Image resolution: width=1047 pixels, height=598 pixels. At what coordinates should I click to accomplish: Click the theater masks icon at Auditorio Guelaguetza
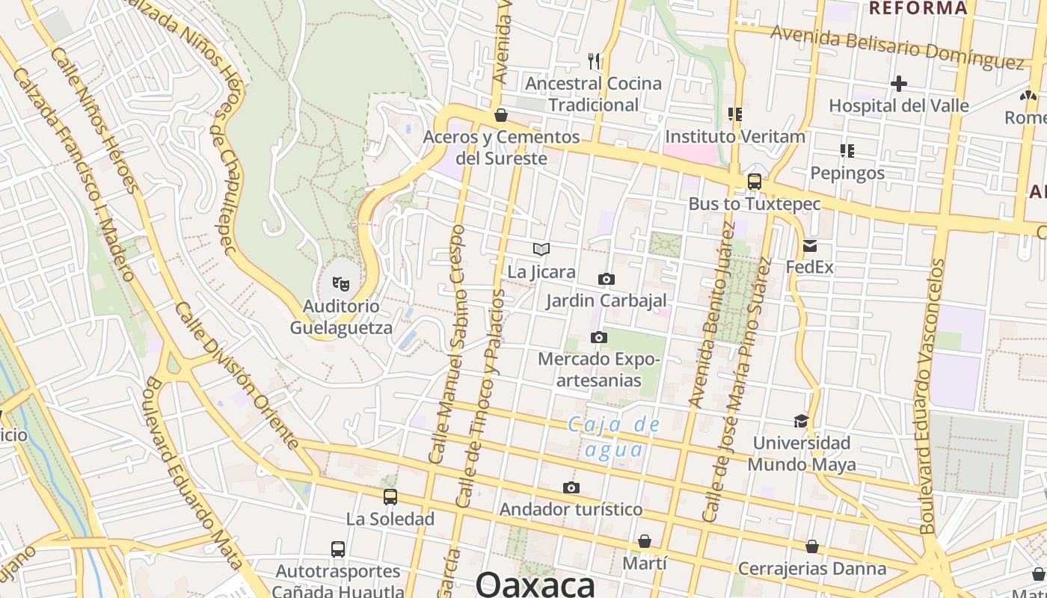tap(341, 283)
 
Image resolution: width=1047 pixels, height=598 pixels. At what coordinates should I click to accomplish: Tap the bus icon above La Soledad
tap(390, 496)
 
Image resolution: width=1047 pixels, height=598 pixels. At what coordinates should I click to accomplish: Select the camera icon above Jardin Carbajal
tap(607, 279)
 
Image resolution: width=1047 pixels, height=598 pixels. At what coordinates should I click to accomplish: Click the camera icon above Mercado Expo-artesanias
tap(598, 337)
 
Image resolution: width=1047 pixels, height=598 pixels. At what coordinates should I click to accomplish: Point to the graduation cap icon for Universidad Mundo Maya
tap(801, 421)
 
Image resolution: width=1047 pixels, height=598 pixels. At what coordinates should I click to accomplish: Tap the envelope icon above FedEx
tap(809, 245)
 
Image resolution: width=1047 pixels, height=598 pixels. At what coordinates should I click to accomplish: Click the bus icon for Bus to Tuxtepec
tap(755, 181)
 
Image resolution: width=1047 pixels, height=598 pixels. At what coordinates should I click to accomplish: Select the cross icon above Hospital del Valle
tap(899, 83)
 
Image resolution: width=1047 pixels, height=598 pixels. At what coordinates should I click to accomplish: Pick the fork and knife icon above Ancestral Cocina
tap(594, 61)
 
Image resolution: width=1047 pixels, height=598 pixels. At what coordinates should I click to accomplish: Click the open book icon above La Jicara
tap(541, 249)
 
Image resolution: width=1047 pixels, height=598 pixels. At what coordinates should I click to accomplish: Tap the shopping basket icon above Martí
tap(645, 540)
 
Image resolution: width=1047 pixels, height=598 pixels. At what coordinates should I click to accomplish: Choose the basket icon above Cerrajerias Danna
tap(812, 546)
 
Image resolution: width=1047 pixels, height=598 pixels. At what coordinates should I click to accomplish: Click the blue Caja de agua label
tap(614, 437)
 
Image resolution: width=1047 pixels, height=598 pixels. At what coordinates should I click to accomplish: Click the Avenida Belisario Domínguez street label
tap(897, 47)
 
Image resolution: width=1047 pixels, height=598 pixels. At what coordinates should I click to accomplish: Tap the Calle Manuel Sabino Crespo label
tap(447, 344)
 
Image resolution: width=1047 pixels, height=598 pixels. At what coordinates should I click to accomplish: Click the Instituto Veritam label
tap(735, 137)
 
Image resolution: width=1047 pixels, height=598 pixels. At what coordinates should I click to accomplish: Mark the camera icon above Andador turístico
tap(571, 487)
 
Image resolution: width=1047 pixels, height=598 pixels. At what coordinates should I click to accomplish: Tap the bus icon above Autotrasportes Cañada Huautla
tap(338, 549)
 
